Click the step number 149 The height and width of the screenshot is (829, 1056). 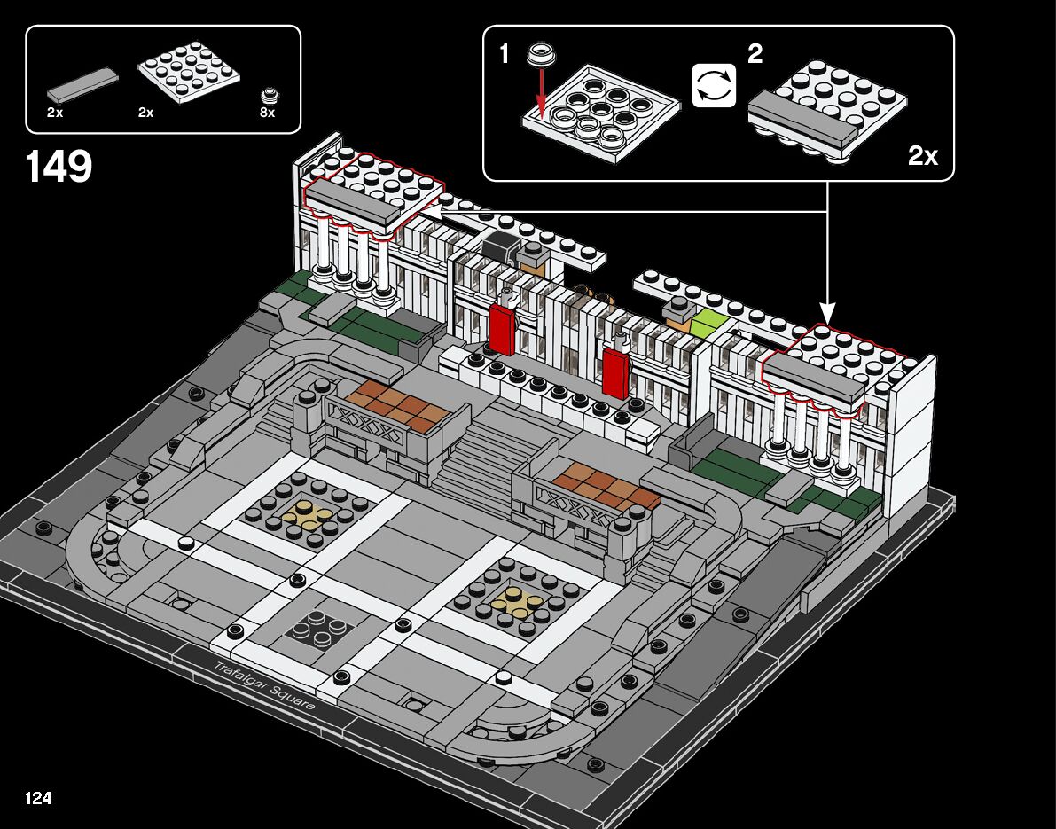59,166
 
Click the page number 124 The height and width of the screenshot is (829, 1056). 38,798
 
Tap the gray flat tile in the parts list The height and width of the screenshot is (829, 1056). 82,83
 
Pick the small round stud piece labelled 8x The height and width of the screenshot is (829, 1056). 268,95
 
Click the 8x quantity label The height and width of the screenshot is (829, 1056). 268,113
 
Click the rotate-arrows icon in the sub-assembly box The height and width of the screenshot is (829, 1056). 714,86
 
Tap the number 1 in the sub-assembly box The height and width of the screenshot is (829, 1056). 505,55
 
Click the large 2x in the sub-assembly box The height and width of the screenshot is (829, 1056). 923,157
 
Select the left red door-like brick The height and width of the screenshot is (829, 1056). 502,329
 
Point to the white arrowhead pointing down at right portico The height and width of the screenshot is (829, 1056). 827,314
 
